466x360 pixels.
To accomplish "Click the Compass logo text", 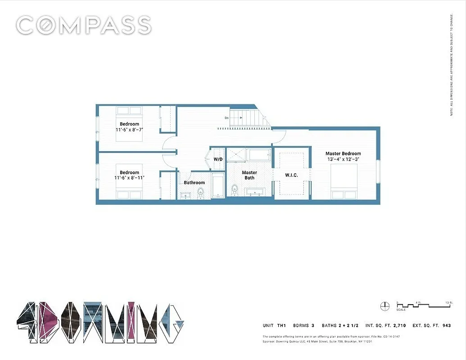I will pos(84,25).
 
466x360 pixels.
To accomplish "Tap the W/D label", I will pos(218,160).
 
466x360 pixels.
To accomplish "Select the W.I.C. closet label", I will pos(291,175).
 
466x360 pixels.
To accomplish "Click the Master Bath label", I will pos(249,175).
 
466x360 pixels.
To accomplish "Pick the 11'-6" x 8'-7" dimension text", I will pos(129,130).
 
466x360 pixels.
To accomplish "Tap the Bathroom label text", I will pos(194,183).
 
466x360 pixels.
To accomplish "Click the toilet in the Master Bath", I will pos(234,190).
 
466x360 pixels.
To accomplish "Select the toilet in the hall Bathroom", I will pos(201,192).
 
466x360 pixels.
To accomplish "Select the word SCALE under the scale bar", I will pos(401,310).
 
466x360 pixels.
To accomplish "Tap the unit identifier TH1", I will pos(282,325).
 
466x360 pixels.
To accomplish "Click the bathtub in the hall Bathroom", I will pos(218,186).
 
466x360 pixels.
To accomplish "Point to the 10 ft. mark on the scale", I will pos(448,302).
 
